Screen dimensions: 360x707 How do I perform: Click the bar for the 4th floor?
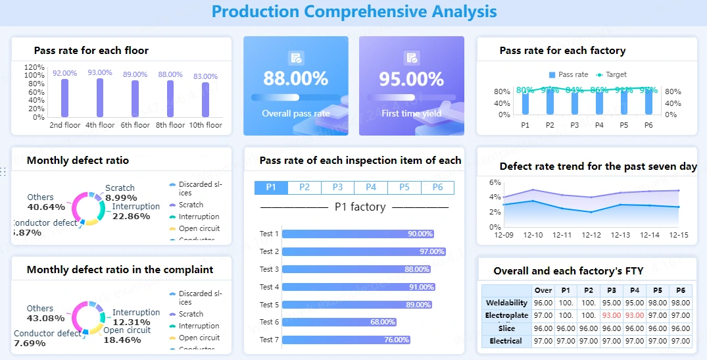tap(100, 98)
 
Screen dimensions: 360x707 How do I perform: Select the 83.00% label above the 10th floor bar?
tap(205, 76)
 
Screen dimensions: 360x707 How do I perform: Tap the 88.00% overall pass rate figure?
tap(295, 79)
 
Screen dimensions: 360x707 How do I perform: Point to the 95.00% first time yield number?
tap(411, 79)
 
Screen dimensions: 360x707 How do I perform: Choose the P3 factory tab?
tap(337, 188)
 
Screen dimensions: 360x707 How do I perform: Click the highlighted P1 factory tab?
tap(271, 188)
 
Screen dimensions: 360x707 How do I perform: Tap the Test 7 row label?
tap(269, 340)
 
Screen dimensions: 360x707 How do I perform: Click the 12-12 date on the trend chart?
tap(591, 235)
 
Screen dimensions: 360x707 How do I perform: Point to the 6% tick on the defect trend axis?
tap(495, 182)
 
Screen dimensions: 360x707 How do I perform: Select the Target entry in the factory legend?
tap(611, 74)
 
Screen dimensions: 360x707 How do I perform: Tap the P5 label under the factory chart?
tap(623, 124)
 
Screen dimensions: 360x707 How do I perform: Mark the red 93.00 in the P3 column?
tap(611, 315)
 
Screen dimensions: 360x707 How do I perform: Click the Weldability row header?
tap(506, 303)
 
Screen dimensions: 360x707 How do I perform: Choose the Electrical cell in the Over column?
tap(543, 341)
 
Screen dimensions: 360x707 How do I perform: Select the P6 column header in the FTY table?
tap(681, 290)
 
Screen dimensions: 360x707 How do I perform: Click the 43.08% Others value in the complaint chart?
tap(45, 319)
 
